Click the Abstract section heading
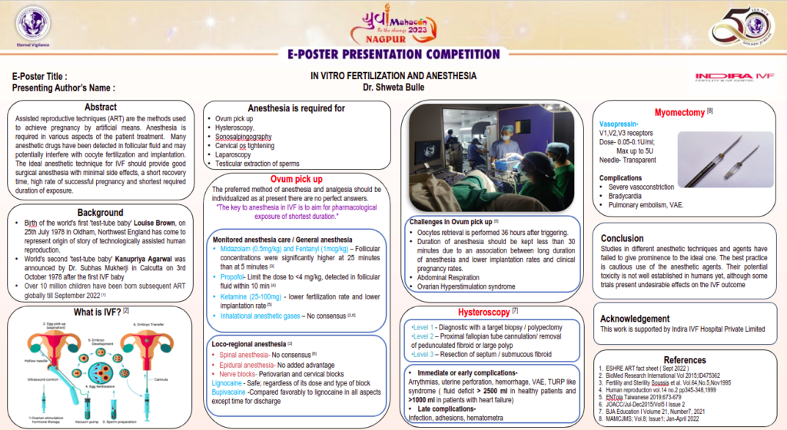coord(101,107)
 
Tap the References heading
coord(684,359)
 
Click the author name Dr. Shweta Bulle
coord(393,88)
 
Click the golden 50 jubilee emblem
coord(741,26)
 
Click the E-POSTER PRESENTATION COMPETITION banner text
coord(393,55)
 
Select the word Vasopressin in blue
coord(619,123)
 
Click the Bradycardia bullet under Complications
coord(627,196)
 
